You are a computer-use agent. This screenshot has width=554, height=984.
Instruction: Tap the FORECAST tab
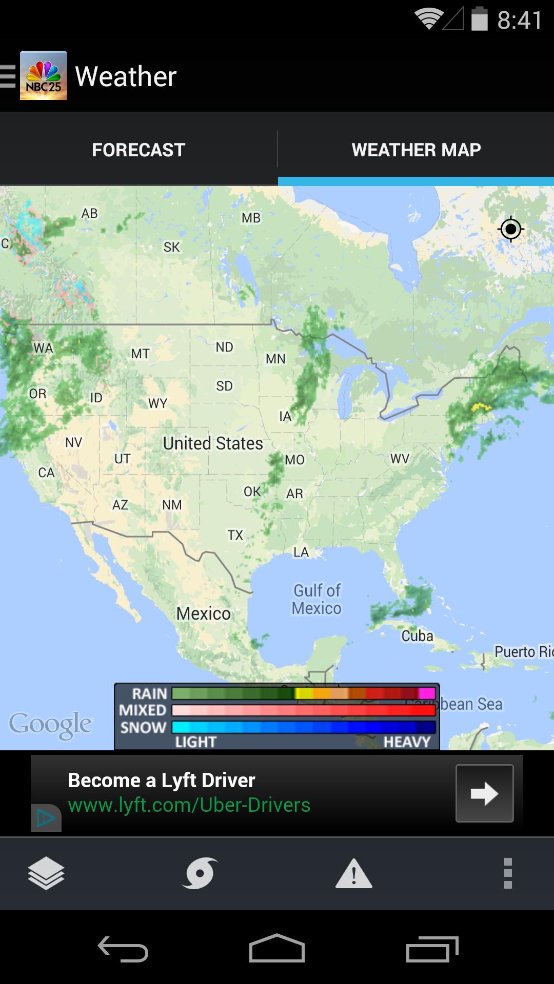point(138,150)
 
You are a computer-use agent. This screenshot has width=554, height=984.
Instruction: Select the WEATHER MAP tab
point(416,150)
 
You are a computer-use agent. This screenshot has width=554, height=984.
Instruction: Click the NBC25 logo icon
point(44,76)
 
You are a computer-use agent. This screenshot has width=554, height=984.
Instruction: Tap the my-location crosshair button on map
point(510,229)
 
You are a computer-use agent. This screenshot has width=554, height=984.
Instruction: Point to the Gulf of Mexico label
point(316,599)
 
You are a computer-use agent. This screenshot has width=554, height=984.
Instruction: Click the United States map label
point(213,443)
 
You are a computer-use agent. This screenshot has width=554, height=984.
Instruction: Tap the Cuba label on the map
point(417,636)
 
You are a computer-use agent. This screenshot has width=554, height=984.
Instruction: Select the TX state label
point(235,535)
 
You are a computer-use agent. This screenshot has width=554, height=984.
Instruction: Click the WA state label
point(43,348)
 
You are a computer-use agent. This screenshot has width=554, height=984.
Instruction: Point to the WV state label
point(400,458)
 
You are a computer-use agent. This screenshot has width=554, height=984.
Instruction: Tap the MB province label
point(251,218)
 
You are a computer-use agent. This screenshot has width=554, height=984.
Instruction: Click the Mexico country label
point(203,613)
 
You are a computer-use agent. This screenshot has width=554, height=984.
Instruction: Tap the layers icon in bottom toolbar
point(46,873)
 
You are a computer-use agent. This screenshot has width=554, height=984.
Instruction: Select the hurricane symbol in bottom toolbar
point(200,873)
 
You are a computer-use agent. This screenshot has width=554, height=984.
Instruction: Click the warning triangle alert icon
point(353,874)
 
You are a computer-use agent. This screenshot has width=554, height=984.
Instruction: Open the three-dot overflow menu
point(508,873)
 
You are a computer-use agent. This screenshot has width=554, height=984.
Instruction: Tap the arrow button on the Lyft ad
point(484,793)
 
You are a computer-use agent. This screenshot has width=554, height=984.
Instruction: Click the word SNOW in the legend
point(143,727)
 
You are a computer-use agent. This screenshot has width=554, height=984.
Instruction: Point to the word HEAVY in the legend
point(407,742)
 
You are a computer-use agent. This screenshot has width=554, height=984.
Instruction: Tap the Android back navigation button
point(123,949)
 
